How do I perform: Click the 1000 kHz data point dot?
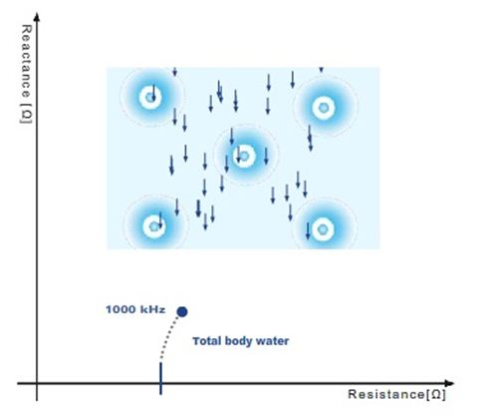182,312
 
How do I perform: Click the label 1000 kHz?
135,309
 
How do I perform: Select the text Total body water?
241,341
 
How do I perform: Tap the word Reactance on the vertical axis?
26,61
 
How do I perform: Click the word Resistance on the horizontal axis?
385,394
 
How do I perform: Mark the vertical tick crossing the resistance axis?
161,378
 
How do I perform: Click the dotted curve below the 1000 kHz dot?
168,337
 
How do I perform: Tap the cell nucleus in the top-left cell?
150,98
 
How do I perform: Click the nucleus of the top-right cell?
324,108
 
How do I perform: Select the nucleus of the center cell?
244,156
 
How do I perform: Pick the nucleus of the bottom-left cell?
154,226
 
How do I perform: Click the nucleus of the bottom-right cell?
323,229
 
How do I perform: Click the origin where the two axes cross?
37,383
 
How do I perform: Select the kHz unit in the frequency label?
153,309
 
